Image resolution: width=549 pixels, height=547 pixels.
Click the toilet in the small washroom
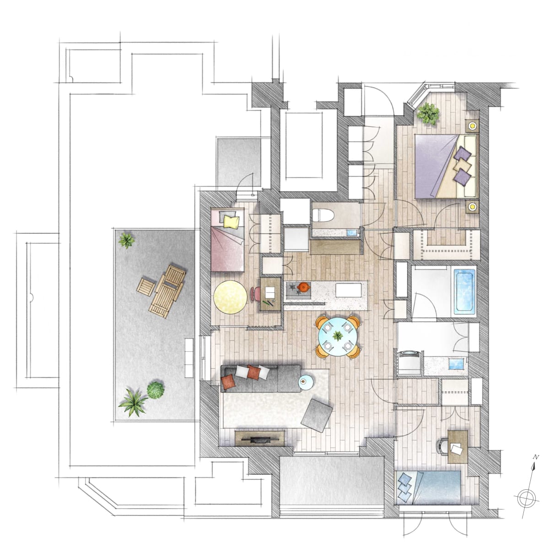[323, 215]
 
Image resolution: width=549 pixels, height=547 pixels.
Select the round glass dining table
[338, 337]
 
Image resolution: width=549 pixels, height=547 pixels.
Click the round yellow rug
[230, 297]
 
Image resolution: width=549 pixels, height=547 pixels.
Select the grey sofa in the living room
[261, 378]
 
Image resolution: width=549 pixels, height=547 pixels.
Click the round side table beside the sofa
[306, 382]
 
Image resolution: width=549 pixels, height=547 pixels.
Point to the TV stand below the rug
[259, 439]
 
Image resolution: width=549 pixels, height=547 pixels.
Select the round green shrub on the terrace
[156, 390]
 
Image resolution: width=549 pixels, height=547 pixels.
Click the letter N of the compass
[536, 457]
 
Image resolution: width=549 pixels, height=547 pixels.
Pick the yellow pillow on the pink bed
[231, 222]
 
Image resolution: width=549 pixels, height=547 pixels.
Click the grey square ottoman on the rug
[317, 416]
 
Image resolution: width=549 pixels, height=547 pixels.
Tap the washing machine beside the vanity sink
[409, 363]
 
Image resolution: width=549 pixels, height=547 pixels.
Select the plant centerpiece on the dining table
[338, 336]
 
